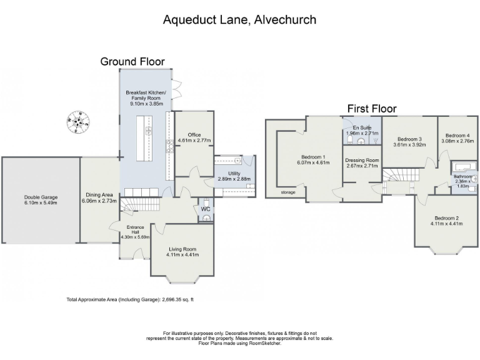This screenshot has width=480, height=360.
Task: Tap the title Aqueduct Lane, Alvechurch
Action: [239, 19]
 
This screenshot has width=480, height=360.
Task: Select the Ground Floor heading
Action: [132, 61]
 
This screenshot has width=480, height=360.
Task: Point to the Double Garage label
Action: [40, 200]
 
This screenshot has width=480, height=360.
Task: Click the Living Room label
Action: [182, 251]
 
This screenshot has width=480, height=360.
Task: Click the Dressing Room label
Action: [362, 163]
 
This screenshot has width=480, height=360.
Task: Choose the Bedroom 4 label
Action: [457, 138]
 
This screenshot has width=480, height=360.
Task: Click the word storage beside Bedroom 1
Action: [287, 192]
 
